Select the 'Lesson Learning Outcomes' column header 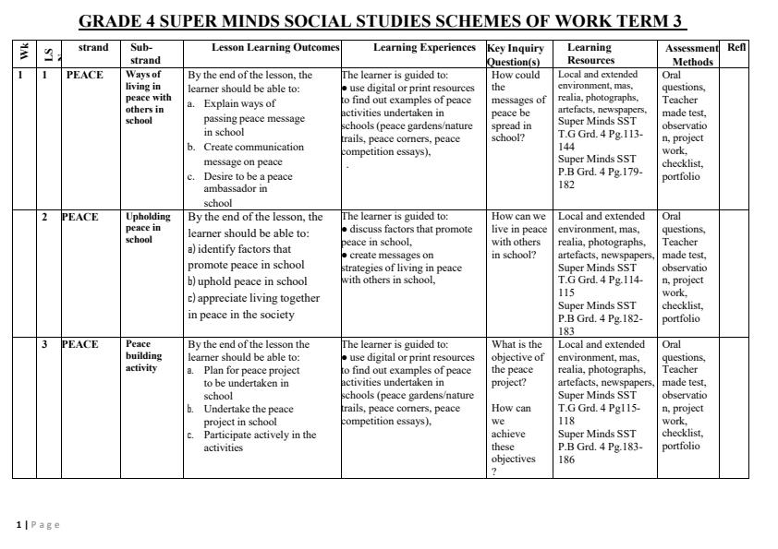tap(262, 47)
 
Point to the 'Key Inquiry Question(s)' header tap(517, 54)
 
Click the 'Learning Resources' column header tap(590, 54)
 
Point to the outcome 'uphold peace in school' tap(251, 281)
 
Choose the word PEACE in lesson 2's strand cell tap(79, 217)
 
